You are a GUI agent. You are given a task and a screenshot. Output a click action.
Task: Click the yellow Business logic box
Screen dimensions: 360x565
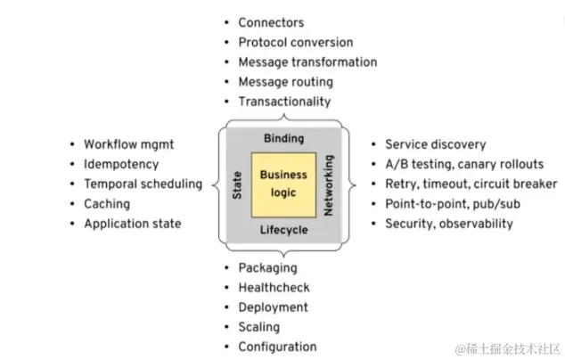283,184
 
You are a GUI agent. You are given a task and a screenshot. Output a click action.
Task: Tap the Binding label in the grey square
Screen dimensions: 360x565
283,138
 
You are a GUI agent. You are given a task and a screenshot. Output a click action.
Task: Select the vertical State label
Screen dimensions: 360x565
238,184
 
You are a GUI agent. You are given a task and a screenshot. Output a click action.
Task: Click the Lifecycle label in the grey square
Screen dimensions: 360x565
283,230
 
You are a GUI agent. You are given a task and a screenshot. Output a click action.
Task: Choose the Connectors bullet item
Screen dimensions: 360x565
270,22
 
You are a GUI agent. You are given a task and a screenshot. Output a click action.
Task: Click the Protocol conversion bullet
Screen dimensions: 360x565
282,42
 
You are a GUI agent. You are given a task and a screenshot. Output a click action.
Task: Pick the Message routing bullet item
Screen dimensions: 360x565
285,82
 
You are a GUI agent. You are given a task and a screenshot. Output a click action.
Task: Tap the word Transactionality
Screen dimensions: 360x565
283,102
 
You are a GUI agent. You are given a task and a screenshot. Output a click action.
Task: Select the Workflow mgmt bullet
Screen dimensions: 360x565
127,144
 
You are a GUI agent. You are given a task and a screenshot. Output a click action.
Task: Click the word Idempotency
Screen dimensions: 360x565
121,164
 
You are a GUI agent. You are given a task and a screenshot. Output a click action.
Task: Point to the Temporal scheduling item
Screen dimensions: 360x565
143,184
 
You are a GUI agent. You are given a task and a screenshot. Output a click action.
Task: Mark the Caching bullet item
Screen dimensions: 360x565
107,204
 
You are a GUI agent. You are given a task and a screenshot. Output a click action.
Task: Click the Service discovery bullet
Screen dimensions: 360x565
435,144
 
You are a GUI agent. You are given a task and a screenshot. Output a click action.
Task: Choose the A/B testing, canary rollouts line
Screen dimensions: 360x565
463,164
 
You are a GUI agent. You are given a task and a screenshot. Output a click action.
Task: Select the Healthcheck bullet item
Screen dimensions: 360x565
273,288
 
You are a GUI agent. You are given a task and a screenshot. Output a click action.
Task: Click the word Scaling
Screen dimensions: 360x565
260,327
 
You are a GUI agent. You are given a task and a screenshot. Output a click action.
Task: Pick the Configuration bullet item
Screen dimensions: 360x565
277,347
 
